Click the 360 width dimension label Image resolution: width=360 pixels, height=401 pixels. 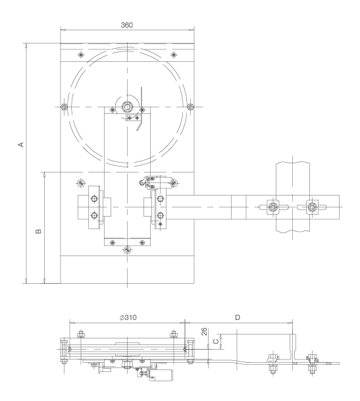tap(126, 25)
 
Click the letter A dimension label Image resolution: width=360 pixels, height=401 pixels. tap(21, 144)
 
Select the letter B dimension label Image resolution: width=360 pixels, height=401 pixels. tap(38, 231)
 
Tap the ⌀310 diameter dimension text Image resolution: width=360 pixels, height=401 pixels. tap(128, 317)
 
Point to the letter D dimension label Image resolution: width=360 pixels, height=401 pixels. tap(238, 317)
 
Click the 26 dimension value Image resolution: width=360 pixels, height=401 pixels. tap(204, 332)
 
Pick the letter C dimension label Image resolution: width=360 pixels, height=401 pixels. tap(216, 342)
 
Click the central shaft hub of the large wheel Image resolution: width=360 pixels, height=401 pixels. tap(127, 107)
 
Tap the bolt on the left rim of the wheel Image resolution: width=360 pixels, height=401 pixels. tap(64, 107)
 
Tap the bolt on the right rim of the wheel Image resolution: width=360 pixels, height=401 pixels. tap(190, 107)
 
